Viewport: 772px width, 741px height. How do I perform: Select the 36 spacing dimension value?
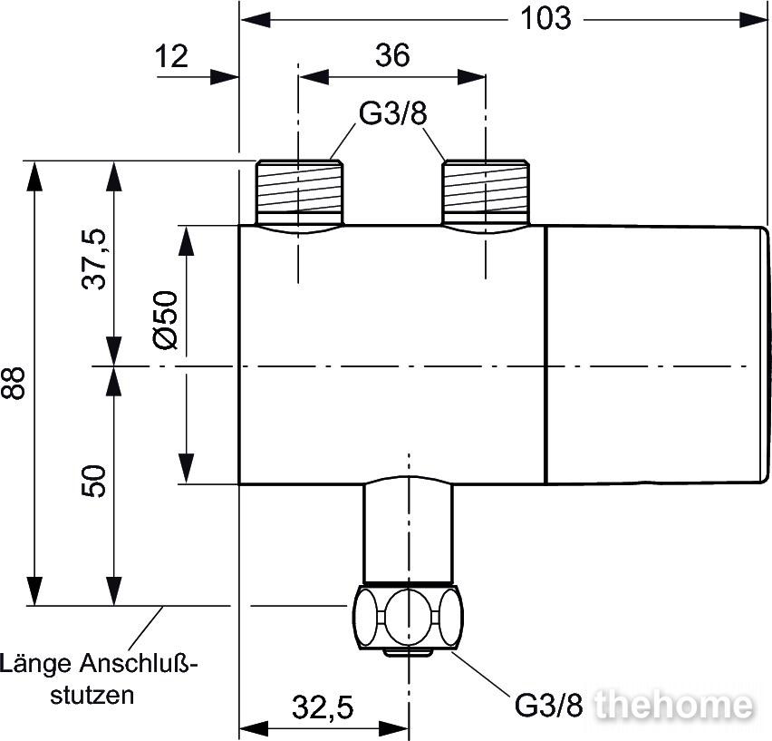pos(392,56)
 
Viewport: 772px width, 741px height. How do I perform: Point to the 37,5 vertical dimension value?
pos(93,258)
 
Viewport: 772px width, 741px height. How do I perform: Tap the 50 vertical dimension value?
pos(93,481)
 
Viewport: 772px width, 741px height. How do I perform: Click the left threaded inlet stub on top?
pos(300,191)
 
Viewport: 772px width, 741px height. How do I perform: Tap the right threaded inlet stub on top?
pos(486,191)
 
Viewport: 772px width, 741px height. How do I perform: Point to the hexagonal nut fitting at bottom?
pos(410,617)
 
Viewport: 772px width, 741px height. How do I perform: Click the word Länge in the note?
pos(37,664)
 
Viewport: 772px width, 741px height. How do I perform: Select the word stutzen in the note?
pos(93,696)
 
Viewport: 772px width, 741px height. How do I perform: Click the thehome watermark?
pos(676,704)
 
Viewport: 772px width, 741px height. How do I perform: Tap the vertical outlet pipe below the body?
pos(408,531)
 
